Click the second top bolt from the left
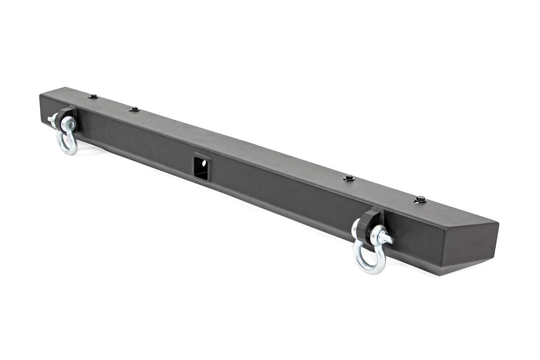(134, 109)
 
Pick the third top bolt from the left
(348, 179)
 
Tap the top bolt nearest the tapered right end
(420, 199)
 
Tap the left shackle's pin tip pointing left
(50, 119)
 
